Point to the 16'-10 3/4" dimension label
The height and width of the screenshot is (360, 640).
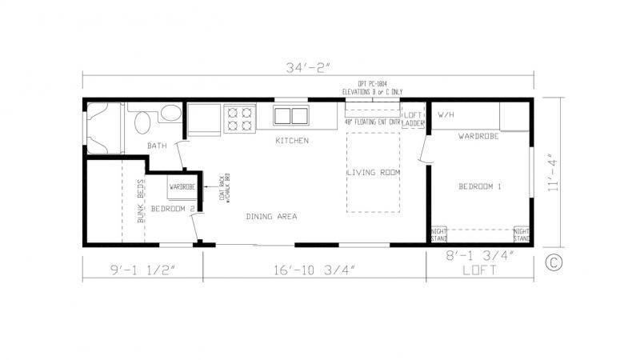[314, 269]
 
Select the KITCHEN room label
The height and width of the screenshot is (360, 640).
[292, 141]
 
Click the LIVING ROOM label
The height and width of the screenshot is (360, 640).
[373, 173]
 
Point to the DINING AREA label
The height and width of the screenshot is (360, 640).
[272, 216]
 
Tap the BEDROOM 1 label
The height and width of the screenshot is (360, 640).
[479, 186]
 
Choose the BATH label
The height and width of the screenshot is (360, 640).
[157, 146]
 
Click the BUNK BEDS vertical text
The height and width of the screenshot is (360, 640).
[140, 201]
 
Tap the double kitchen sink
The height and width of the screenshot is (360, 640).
[291, 116]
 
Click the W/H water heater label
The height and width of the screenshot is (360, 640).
[446, 114]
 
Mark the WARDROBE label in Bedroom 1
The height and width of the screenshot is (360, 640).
[478, 136]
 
